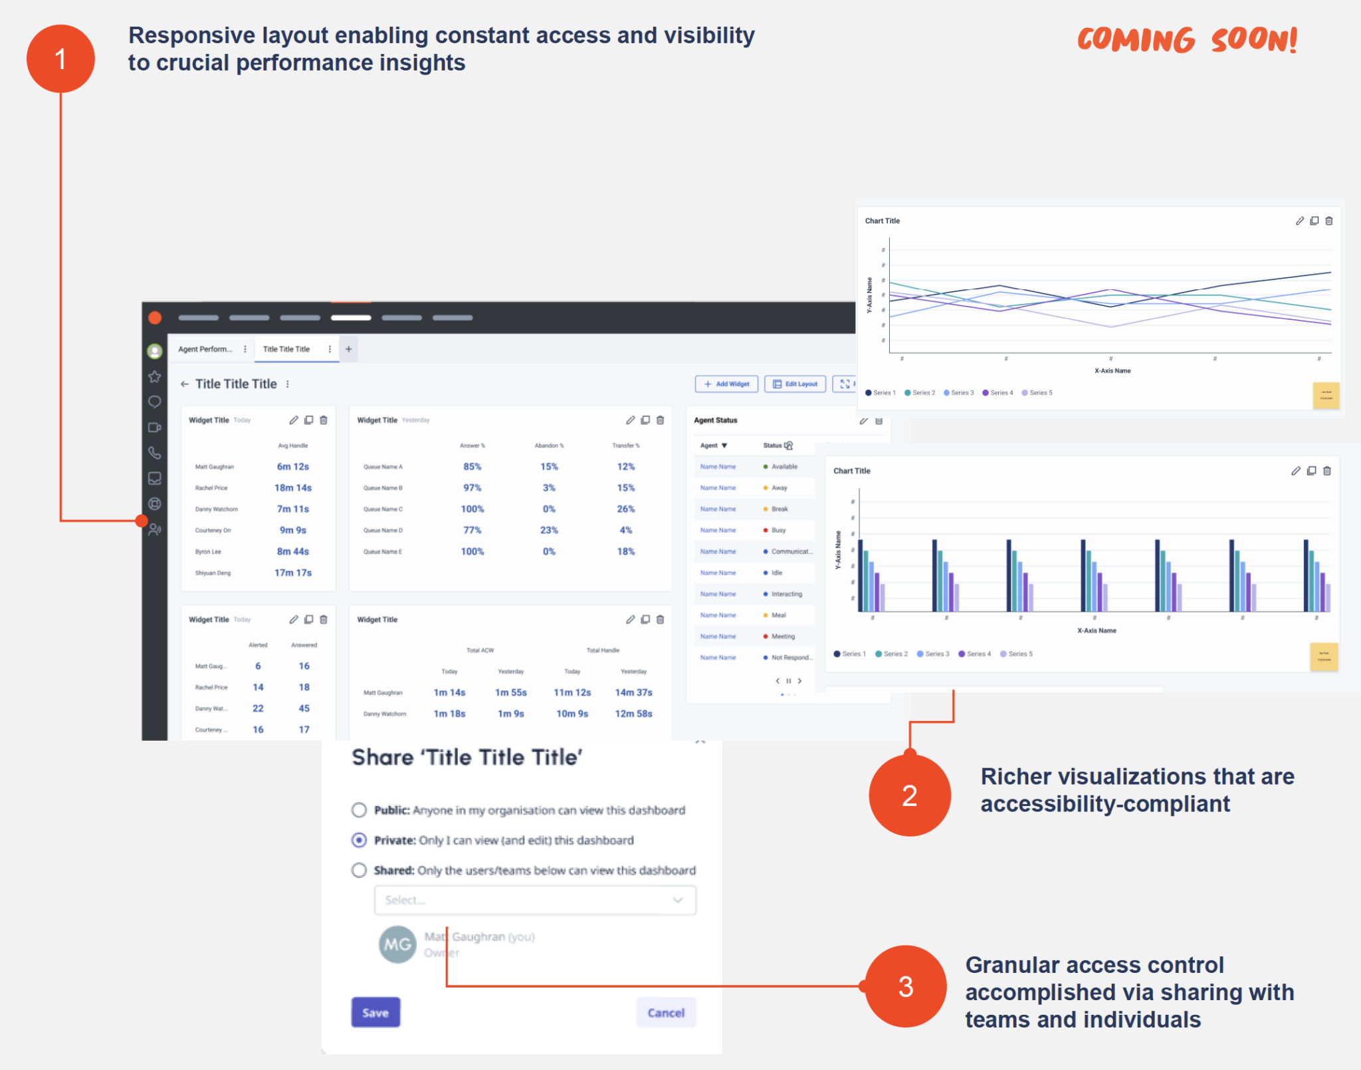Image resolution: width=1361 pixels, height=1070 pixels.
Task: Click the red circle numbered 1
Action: click(60, 59)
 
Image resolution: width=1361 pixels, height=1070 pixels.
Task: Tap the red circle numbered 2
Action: click(909, 795)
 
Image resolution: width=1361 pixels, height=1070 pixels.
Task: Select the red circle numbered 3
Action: click(906, 986)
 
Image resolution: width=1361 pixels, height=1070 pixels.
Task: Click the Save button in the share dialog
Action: click(375, 1012)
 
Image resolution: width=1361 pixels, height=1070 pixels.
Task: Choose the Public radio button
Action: click(359, 810)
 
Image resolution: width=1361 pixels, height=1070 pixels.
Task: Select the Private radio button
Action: click(359, 840)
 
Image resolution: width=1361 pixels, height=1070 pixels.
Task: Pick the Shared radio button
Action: click(359, 870)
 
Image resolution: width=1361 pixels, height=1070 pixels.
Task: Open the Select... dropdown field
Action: click(535, 900)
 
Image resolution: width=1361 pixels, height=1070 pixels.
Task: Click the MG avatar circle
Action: click(397, 944)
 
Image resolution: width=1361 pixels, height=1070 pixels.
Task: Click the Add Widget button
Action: click(726, 384)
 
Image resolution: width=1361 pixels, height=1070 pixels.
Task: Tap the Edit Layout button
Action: click(795, 384)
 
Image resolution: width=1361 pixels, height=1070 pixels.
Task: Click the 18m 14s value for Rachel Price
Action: click(293, 487)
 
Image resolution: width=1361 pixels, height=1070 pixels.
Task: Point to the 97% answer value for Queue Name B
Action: click(472, 487)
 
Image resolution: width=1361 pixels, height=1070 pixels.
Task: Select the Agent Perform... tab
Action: click(205, 349)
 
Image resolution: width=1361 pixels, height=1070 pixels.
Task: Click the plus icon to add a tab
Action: click(348, 349)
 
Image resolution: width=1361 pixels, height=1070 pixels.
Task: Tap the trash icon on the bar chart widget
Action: click(1327, 471)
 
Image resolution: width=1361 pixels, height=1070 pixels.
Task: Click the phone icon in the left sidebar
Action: click(154, 453)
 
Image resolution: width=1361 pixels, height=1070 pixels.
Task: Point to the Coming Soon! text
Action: click(1187, 40)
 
